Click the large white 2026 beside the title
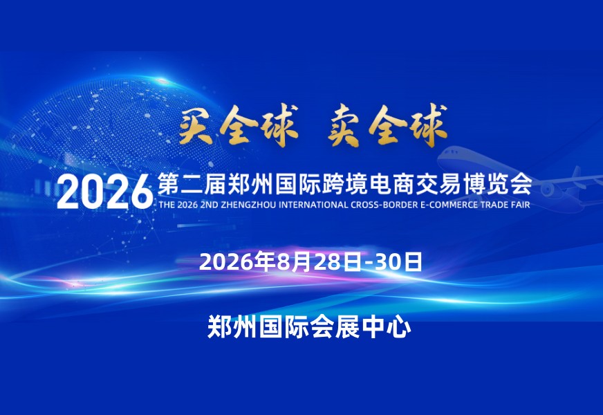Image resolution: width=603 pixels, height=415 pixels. click(105, 192)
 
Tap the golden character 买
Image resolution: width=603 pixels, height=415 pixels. click(196, 125)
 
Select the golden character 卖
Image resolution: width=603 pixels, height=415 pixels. click(344, 126)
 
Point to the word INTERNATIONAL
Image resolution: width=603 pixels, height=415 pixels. click(313, 205)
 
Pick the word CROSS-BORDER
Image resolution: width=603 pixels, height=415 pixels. click(384, 205)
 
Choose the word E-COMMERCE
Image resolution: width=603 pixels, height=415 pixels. click(449, 205)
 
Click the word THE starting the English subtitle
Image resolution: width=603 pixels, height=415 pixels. click(167, 205)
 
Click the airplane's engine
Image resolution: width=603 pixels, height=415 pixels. click(548, 189)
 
